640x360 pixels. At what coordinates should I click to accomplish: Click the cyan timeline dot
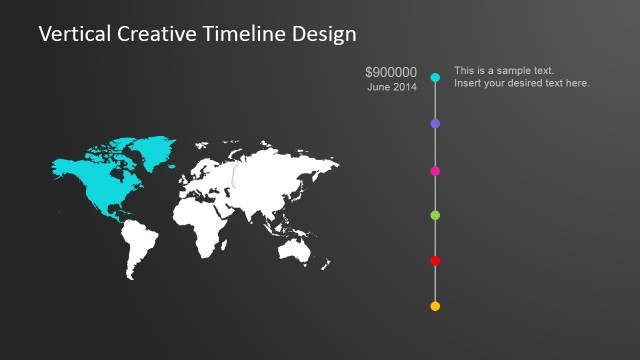(x=435, y=77)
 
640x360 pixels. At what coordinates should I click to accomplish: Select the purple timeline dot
(x=435, y=123)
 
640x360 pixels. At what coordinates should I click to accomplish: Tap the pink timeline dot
(x=435, y=171)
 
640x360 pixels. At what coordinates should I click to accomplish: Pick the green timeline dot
(x=435, y=215)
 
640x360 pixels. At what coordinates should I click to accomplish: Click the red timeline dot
(x=435, y=260)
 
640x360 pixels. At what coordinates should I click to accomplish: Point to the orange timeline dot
(x=435, y=306)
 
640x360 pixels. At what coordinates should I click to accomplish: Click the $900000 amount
(x=391, y=72)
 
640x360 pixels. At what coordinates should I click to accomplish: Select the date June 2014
(x=392, y=88)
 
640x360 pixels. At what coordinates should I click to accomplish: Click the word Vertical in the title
(x=73, y=34)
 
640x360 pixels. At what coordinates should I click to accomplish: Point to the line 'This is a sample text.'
(x=504, y=70)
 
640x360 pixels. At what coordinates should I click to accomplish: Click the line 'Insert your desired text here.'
(x=521, y=83)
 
